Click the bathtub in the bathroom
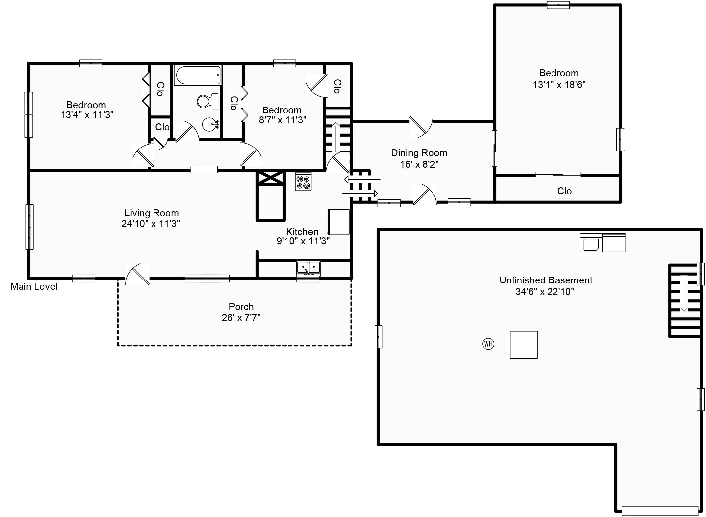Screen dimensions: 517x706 point(198,75)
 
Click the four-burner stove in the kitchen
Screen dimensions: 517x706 point(303,182)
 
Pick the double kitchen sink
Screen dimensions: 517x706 point(308,267)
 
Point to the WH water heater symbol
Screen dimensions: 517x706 point(488,344)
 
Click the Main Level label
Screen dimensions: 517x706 point(34,286)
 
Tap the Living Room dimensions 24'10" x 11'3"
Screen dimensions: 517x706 point(151,224)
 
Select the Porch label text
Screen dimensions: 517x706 point(241,307)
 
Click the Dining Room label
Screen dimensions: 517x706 point(419,153)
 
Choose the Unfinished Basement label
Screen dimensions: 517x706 point(546,280)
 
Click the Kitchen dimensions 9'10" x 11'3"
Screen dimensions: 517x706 point(303,241)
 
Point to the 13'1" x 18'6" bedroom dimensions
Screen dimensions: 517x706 point(559,85)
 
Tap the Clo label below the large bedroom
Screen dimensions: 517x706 point(564,191)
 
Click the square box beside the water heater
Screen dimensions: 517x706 point(523,345)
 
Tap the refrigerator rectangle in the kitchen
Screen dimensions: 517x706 point(339,222)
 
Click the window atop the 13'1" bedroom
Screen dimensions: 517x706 point(558,5)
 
